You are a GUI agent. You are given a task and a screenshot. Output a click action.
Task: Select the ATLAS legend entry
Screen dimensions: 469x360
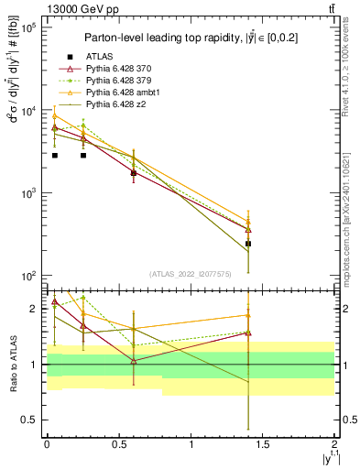click(99, 57)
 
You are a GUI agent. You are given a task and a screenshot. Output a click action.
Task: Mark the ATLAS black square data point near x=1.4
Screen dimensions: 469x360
click(248, 244)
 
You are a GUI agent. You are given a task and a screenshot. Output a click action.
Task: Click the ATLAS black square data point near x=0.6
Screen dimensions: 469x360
click(134, 172)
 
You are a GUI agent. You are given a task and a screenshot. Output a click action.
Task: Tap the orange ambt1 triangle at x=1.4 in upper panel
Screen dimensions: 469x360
click(248, 221)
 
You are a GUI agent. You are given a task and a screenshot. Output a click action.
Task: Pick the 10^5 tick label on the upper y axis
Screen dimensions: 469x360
click(27, 28)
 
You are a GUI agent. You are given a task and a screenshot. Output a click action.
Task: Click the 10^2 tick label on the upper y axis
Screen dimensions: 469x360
click(27, 276)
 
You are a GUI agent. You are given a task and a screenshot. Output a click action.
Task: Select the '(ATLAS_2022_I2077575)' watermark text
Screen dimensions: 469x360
click(190, 273)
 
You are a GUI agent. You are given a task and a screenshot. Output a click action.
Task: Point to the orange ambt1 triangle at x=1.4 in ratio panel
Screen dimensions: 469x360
click(248, 315)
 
